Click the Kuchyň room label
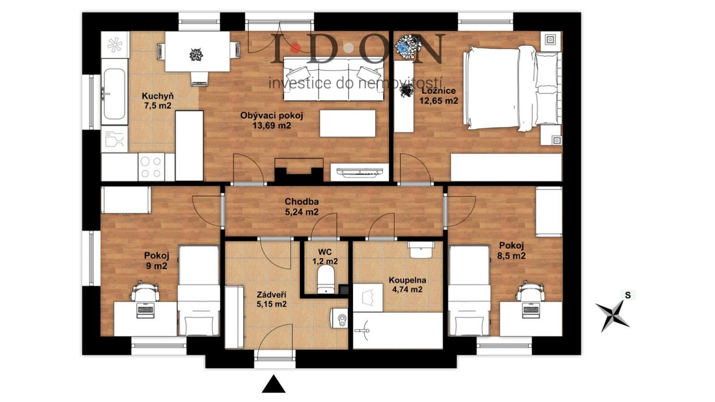click(x=157, y=96)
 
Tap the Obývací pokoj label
click(x=271, y=115)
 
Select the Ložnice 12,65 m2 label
click(x=438, y=96)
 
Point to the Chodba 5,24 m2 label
click(x=302, y=207)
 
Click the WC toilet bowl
click(x=326, y=279)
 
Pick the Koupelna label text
click(x=407, y=280)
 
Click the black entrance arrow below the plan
click(x=273, y=384)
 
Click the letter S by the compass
click(x=628, y=296)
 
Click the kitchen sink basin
click(x=113, y=94)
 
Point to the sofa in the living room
click(x=333, y=79)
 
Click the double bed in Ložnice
click(x=512, y=88)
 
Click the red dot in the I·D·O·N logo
click(x=296, y=48)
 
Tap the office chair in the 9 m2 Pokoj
click(x=145, y=291)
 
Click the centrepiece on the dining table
click(x=196, y=55)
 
